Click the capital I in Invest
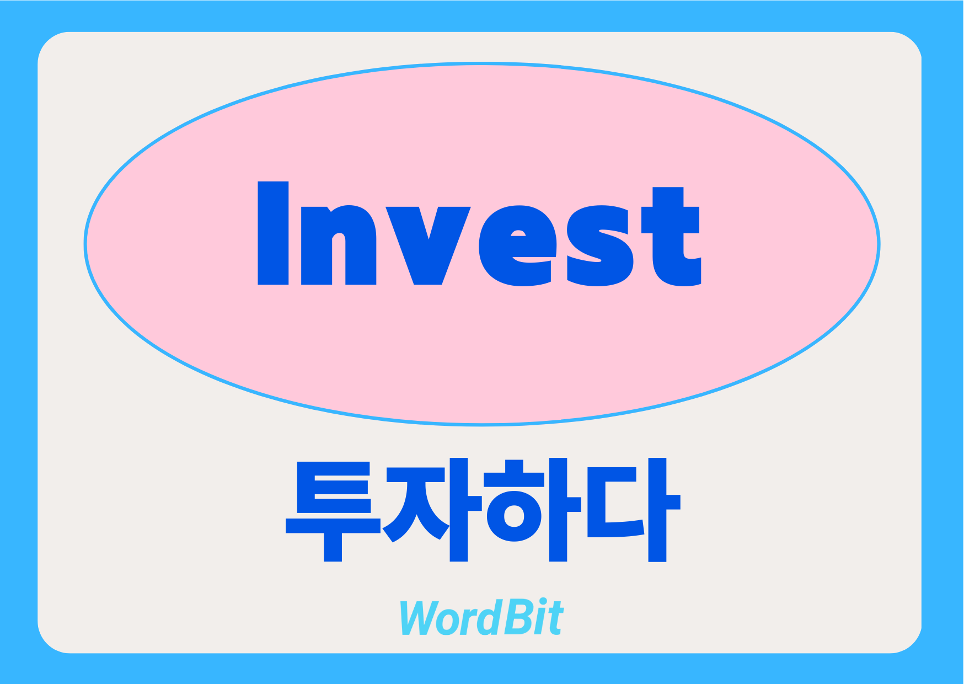click(273, 233)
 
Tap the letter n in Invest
click(339, 245)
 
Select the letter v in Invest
click(428, 245)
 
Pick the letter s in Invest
click(599, 245)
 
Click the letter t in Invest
click(671, 236)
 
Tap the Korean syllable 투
click(333, 511)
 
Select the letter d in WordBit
click(492, 617)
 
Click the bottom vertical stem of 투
click(333, 548)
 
